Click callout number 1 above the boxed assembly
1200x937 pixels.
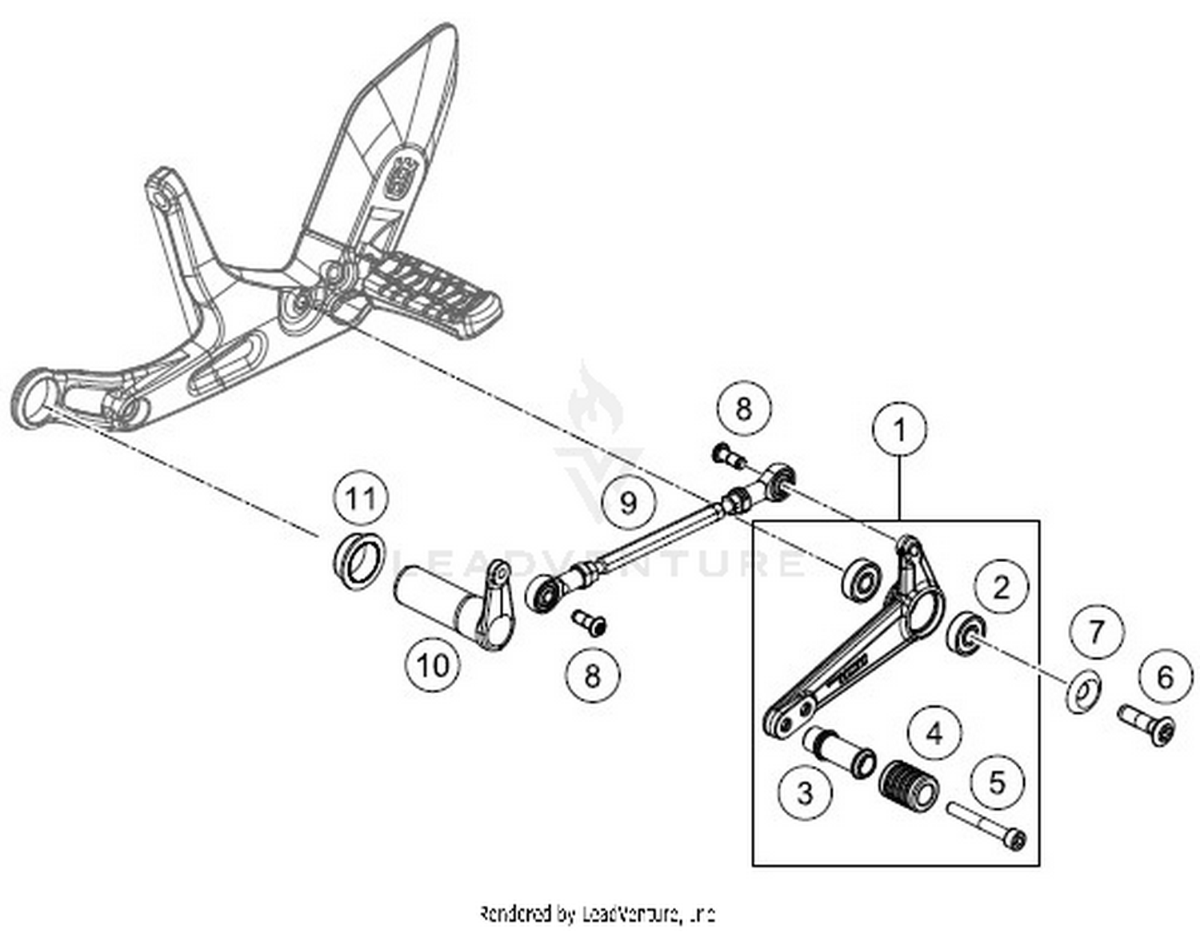pos(899,431)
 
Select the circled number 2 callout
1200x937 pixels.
pos(1001,588)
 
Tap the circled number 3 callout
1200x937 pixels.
pos(805,792)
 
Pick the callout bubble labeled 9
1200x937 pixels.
pos(629,503)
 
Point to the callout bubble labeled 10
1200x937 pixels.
pos(434,664)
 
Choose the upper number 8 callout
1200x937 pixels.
pos(743,409)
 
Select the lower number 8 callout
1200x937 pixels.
pos(592,676)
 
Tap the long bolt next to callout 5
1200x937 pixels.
pos(986,823)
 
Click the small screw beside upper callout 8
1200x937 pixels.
pos(726,457)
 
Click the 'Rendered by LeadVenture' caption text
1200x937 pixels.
pos(597,913)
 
